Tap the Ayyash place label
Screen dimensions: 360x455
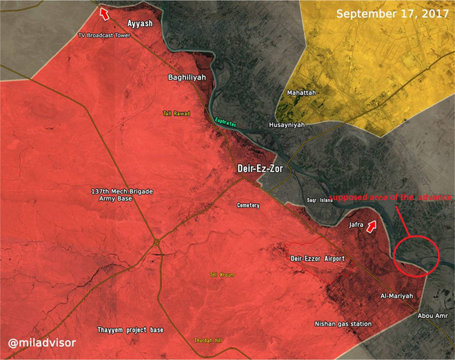pos(140,23)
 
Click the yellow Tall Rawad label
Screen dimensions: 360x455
pos(176,113)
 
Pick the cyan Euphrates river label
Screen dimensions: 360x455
pos(225,122)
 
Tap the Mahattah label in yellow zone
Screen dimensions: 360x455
pos(301,92)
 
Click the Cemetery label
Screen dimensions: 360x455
pos(248,206)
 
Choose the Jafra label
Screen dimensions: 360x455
pos(356,224)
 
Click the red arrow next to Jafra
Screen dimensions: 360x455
pos(372,226)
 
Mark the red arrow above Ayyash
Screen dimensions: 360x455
pos(104,13)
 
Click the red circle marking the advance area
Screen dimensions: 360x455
pos(417,257)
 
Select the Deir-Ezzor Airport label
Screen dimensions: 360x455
pos(318,258)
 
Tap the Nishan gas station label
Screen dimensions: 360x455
pos(343,323)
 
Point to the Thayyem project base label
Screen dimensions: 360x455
pos(131,330)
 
